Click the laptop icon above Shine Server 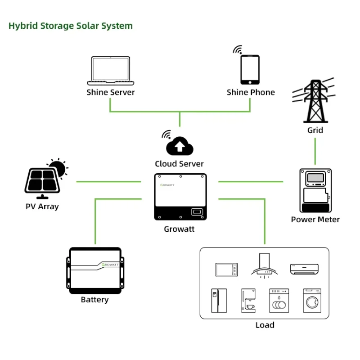[x=110, y=71]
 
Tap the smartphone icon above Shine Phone [x=250, y=69]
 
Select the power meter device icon [x=315, y=190]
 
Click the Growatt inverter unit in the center [x=180, y=197]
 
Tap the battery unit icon [x=95, y=271]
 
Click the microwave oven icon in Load [x=226, y=269]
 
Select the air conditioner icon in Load [x=304, y=269]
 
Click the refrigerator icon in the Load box [x=219, y=301]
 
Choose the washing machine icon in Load [x=311, y=301]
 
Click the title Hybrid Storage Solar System [x=71, y=26]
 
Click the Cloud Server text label [x=179, y=164]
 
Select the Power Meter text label [x=315, y=220]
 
